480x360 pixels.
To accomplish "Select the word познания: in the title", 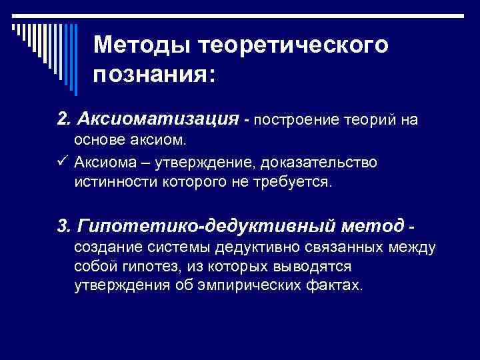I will click(x=155, y=74).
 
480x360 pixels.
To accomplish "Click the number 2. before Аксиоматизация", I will click(x=65, y=118).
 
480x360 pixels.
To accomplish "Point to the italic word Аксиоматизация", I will click(x=157, y=118).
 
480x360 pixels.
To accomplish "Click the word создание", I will click(x=107, y=248).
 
